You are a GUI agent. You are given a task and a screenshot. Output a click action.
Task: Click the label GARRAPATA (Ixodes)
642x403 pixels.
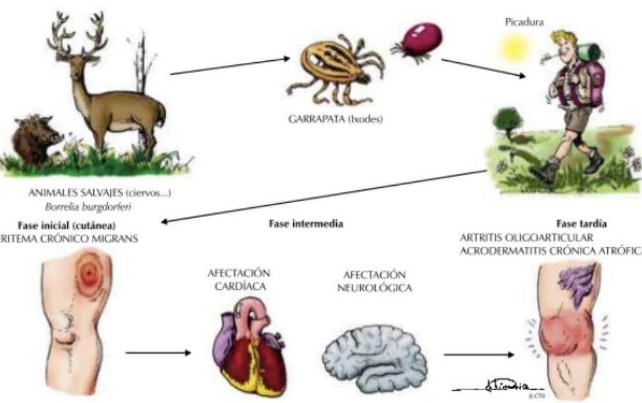tap(337, 120)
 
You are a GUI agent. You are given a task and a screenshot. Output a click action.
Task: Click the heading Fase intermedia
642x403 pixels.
tap(306, 223)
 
